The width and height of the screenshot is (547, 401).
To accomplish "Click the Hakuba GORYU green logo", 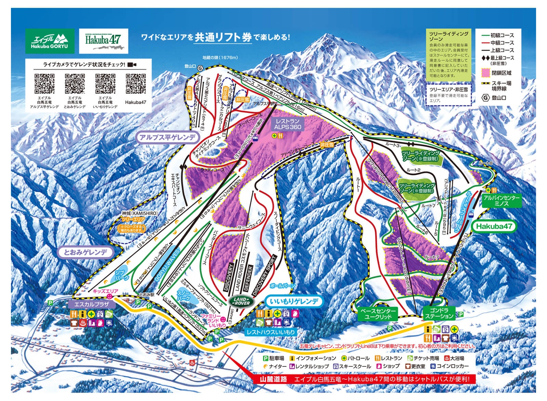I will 50,41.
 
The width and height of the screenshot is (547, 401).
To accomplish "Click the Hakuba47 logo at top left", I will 103,41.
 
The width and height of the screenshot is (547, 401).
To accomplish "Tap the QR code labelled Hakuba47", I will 135,84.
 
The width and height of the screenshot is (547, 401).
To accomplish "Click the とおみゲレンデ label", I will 85,253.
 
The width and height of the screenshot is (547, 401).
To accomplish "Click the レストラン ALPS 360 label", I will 288,124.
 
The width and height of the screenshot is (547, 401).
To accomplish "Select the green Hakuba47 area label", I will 494,226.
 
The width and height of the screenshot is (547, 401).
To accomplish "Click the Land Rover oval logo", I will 242,301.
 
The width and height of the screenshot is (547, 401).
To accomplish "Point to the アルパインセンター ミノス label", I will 501,201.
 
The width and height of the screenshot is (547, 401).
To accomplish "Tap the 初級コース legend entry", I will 502,36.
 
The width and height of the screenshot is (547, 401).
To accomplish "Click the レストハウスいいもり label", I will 271,332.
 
